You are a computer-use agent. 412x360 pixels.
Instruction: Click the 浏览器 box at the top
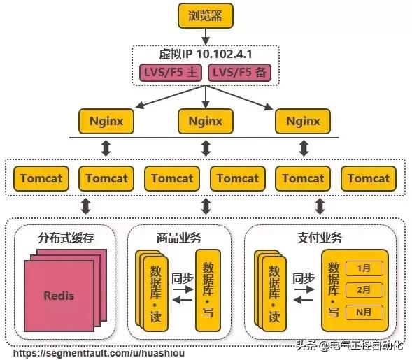tap(205, 16)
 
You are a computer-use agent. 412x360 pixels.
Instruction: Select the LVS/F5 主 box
tap(169, 72)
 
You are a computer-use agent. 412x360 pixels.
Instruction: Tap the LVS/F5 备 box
tap(239, 72)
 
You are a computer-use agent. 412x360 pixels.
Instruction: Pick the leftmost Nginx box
tap(106, 121)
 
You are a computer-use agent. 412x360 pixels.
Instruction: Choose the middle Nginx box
tap(205, 121)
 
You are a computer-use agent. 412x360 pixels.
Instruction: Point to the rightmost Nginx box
tap(302, 121)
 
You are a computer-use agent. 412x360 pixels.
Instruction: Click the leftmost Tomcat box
tap(41, 178)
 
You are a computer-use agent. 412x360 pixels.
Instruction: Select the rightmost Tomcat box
tap(369, 178)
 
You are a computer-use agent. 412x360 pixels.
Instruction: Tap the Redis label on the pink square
tap(58, 295)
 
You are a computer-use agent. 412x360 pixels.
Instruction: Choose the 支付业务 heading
tap(320, 238)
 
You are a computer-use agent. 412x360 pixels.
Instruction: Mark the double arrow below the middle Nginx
tap(206, 149)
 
